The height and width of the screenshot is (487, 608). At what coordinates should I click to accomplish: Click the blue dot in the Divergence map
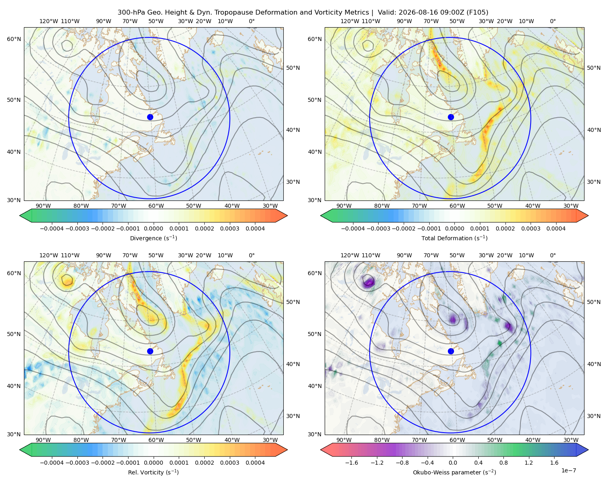pyautogui.click(x=150, y=117)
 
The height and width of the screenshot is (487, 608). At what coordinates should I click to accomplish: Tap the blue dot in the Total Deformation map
pyautogui.click(x=451, y=117)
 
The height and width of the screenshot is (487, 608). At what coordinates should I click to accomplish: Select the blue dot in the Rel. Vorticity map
pyautogui.click(x=150, y=351)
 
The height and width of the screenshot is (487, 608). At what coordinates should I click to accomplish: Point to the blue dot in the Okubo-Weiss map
pyautogui.click(x=451, y=351)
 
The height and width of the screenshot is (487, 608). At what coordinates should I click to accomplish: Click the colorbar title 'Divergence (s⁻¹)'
pyautogui.click(x=153, y=238)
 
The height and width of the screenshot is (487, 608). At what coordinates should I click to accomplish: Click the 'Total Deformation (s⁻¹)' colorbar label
pyautogui.click(x=454, y=238)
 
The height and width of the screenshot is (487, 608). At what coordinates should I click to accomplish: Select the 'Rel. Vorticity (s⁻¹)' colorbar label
pyautogui.click(x=153, y=472)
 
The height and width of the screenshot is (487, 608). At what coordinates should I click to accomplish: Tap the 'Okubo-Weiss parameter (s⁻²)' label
pyautogui.click(x=454, y=472)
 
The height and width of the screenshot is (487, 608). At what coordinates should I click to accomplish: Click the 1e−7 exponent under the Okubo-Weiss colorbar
pyautogui.click(x=568, y=470)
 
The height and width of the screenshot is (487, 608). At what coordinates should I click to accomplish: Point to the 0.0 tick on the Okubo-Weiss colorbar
pyautogui.click(x=453, y=463)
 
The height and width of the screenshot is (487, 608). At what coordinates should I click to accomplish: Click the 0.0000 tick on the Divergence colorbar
pyautogui.click(x=153, y=228)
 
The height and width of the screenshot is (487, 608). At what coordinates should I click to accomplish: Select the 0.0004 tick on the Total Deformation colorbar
pyautogui.click(x=556, y=228)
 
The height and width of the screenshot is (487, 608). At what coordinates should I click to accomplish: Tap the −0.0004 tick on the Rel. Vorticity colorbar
pyautogui.click(x=52, y=463)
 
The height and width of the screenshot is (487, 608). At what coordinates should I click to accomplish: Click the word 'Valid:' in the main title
pyautogui.click(x=387, y=13)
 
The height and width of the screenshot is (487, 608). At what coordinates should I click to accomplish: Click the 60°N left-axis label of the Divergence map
pyautogui.click(x=14, y=39)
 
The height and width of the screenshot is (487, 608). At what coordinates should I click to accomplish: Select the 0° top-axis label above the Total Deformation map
pyautogui.click(x=553, y=21)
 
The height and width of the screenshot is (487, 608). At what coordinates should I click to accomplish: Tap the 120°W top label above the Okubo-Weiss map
pyautogui.click(x=350, y=255)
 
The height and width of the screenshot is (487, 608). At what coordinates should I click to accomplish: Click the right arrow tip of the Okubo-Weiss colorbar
pyautogui.click(x=588, y=450)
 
